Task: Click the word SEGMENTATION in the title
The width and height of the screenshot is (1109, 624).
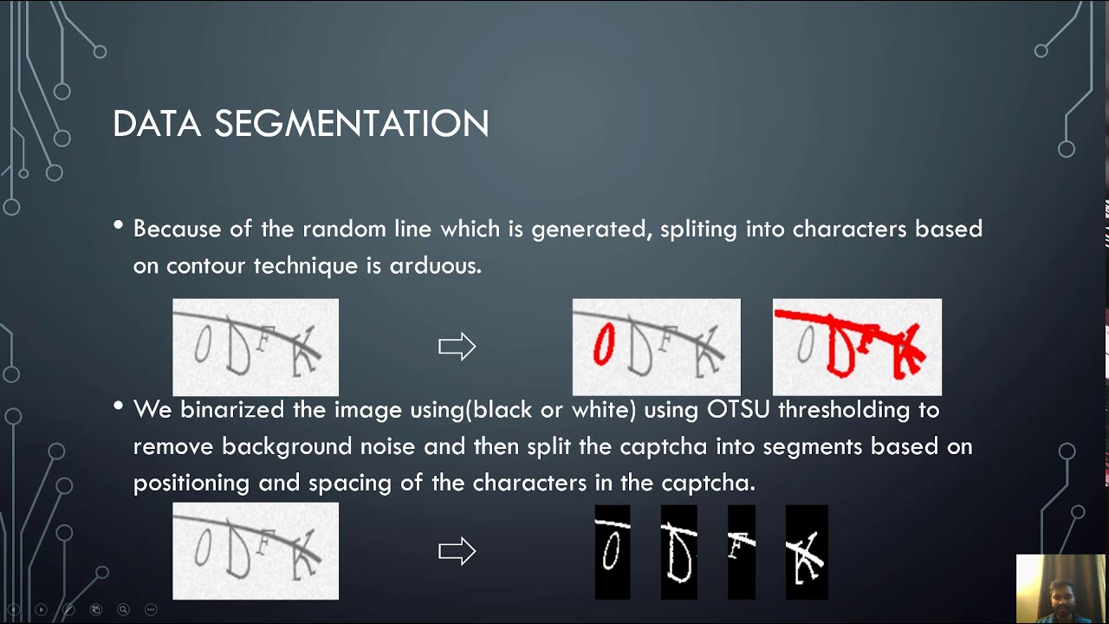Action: (352, 124)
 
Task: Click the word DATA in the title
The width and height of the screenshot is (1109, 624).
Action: (158, 124)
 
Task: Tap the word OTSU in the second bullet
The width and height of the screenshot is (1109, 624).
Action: (738, 409)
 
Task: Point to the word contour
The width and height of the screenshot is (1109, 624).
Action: (206, 265)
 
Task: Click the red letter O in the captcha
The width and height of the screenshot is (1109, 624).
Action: (603, 345)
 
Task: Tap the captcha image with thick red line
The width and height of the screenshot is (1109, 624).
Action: (857, 347)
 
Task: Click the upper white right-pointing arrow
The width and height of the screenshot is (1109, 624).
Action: (457, 347)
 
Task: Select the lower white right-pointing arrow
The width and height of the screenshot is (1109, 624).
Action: (457, 551)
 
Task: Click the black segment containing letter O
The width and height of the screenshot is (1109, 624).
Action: (612, 552)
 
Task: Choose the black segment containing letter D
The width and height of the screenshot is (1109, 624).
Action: (678, 552)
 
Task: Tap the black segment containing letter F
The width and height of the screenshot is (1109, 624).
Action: (741, 552)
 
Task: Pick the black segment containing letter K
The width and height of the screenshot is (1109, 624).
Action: (807, 552)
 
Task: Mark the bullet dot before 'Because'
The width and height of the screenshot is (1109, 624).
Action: (119, 226)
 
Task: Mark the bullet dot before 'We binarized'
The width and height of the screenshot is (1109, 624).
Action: (119, 406)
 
